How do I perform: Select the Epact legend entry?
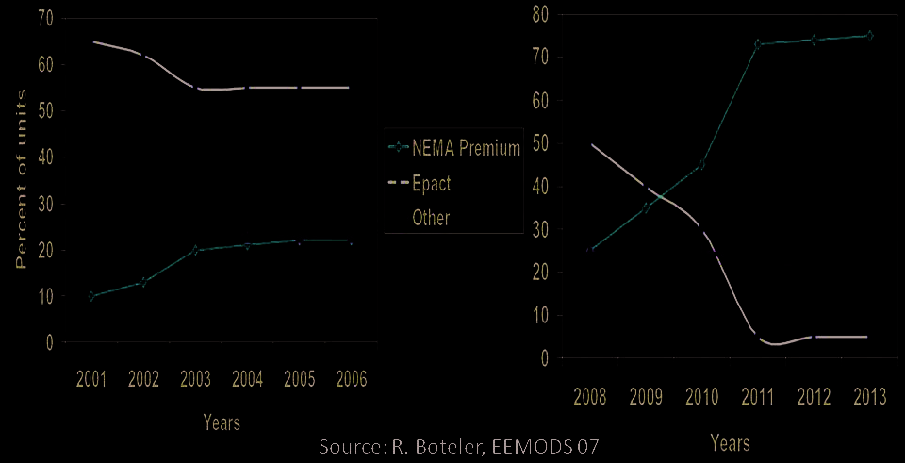click(432, 184)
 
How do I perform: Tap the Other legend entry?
click(431, 218)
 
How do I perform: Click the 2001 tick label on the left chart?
click(91, 379)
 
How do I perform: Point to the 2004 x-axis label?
click(247, 379)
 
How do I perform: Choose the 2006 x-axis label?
click(350, 379)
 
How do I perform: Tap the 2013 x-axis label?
click(868, 396)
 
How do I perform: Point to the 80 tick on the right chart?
click(540, 14)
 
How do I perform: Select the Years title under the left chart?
click(222, 423)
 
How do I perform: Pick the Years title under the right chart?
click(730, 441)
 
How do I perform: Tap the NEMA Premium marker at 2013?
click(868, 36)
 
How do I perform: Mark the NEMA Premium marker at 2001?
click(91, 296)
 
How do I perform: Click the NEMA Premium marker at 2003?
click(195, 250)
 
